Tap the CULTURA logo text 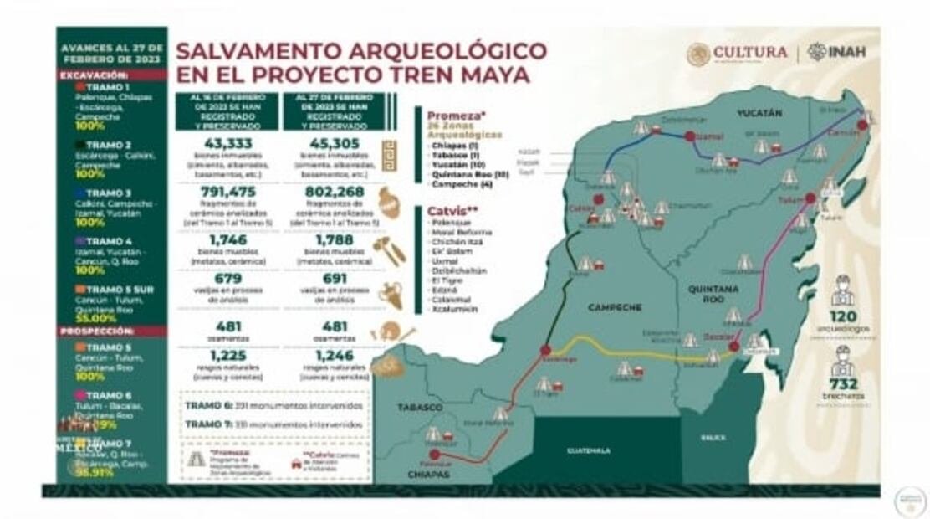pyautogui.click(x=750, y=52)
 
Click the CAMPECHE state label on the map pyautogui.click(x=615, y=307)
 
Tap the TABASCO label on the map pyautogui.click(x=420, y=407)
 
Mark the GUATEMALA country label pyautogui.click(x=589, y=450)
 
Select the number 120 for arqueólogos pyautogui.click(x=842, y=316)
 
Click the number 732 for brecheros pyautogui.click(x=842, y=384)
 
